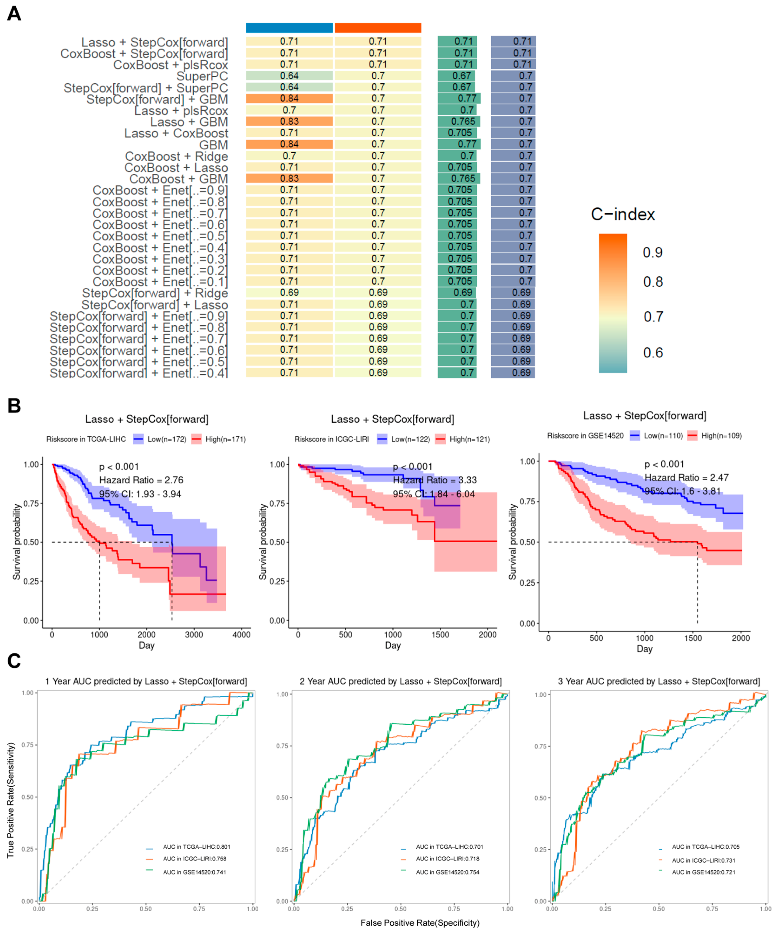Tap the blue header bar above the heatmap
click(289, 28)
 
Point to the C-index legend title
click(622, 214)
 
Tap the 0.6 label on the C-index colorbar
click(653, 353)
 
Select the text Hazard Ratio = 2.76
click(141, 480)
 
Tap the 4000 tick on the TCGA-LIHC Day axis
click(241, 635)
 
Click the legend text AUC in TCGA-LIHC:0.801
click(197, 847)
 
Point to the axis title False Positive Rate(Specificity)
click(420, 923)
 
